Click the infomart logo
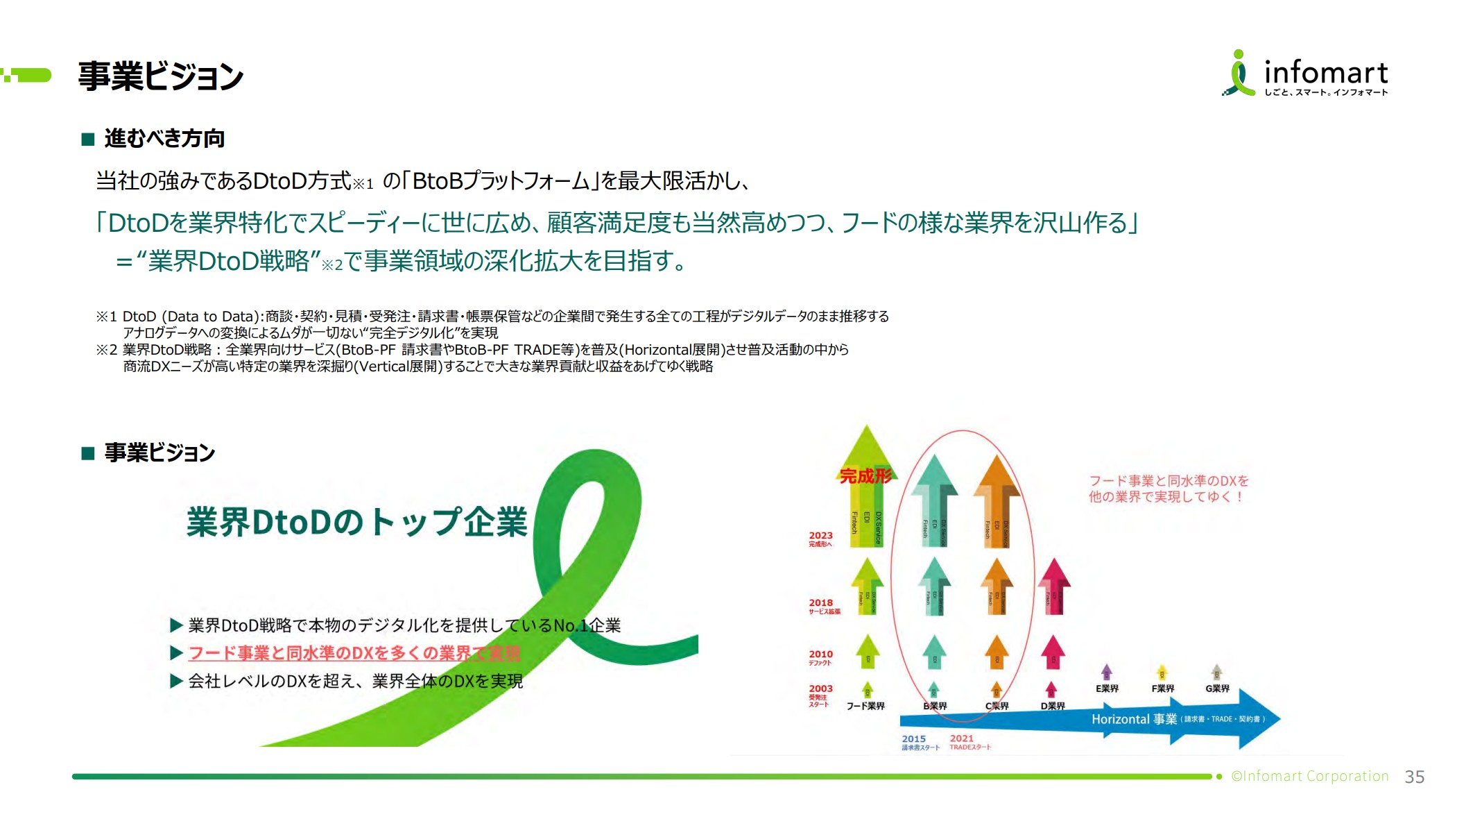[x=1304, y=74]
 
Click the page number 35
[x=1414, y=777]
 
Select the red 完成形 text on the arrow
[x=865, y=476]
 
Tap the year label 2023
[x=820, y=535]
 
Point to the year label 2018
[x=820, y=602]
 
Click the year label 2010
[x=820, y=654]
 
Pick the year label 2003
[x=820, y=689]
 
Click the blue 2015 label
[x=913, y=738]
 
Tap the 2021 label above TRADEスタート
[x=961, y=738]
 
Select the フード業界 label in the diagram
[x=865, y=706]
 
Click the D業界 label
[x=1052, y=706]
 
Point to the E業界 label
[x=1107, y=689]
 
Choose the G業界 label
[x=1217, y=689]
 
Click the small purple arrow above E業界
[x=1106, y=671]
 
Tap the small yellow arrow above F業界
[x=1162, y=671]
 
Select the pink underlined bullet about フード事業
[x=354, y=653]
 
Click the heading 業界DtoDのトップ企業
[x=356, y=522]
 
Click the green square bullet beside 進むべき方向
[x=88, y=140]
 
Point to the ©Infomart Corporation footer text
[x=1309, y=776]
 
